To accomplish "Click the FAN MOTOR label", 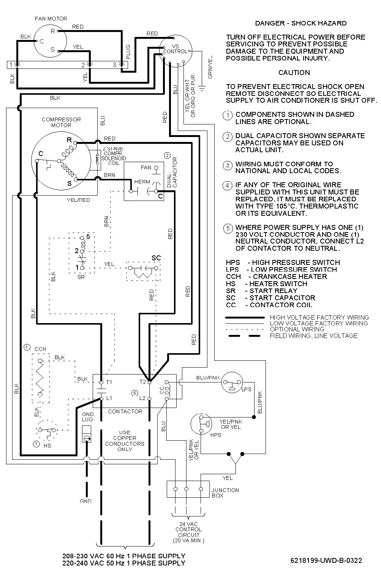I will pos(51,18).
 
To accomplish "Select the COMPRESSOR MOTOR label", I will pos(61,122).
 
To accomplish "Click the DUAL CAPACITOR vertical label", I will pos(172,172).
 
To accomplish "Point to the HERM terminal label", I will pos(142,182).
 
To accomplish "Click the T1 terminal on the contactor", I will pos(101,382).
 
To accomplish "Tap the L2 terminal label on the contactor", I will pos(142,398).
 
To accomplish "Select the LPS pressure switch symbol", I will pos(232,382).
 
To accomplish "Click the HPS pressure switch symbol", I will pos(201,424).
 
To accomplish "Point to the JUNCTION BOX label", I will pos(225,493).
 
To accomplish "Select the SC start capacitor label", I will pos(156,258).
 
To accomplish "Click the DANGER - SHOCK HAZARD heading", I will pos(300,23).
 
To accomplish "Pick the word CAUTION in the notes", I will pos(294,73).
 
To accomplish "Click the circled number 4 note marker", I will pos(228,186).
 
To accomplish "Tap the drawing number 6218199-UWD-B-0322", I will pos(326,561).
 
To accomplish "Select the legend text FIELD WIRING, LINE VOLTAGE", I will pos(314,336).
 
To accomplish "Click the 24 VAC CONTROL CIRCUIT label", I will pos(189,532).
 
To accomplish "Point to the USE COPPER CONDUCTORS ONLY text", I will pos(125,441).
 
